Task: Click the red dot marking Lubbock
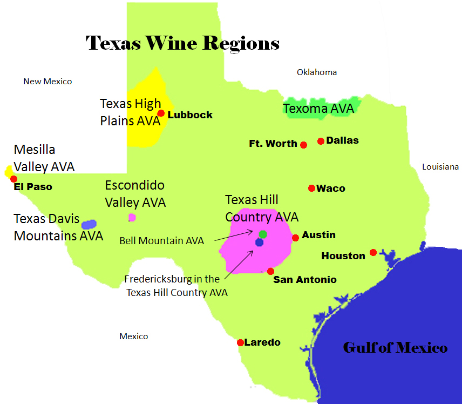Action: pyautogui.click(x=161, y=113)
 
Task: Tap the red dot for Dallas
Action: pyautogui.click(x=321, y=141)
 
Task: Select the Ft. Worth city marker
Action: pyautogui.click(x=303, y=145)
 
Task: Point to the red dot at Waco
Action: pyautogui.click(x=311, y=188)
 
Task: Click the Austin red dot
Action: pyautogui.click(x=295, y=238)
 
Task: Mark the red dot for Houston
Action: pyautogui.click(x=373, y=252)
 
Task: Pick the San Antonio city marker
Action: pyautogui.click(x=270, y=271)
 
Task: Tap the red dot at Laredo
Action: pyautogui.click(x=240, y=342)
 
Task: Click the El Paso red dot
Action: pyautogui.click(x=13, y=179)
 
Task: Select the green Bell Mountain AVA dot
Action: pyautogui.click(x=263, y=234)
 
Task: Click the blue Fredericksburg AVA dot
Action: pyautogui.click(x=259, y=243)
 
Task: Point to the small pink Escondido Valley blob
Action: pyautogui.click(x=132, y=218)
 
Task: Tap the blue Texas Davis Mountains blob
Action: pyautogui.click(x=89, y=224)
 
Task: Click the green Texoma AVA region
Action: pyautogui.click(x=318, y=109)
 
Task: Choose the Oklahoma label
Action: pyautogui.click(x=317, y=72)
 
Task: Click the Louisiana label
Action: pyautogui.click(x=440, y=167)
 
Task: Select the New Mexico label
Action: pyautogui.click(x=47, y=82)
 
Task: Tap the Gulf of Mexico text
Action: pyautogui.click(x=395, y=347)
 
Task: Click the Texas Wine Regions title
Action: pyautogui.click(x=182, y=43)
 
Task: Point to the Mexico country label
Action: pyautogui.click(x=134, y=336)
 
